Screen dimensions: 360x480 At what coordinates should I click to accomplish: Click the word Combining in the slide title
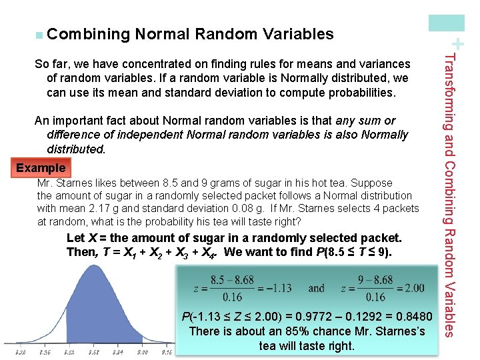click(88, 33)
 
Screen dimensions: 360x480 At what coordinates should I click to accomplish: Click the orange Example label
click(41, 168)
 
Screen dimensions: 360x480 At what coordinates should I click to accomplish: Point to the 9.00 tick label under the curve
click(141, 351)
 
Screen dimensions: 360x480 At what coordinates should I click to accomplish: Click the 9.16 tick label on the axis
click(165, 351)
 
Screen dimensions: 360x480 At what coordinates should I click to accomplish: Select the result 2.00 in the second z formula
click(413, 288)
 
